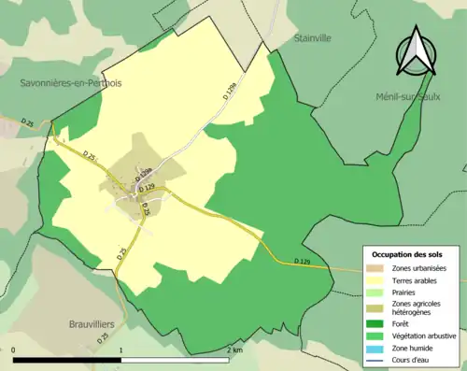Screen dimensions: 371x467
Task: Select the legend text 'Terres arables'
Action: click(x=415, y=279)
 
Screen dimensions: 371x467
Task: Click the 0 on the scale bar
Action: click(x=14, y=350)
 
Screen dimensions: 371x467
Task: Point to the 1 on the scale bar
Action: click(x=121, y=350)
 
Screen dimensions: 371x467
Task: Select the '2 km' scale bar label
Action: click(x=235, y=350)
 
